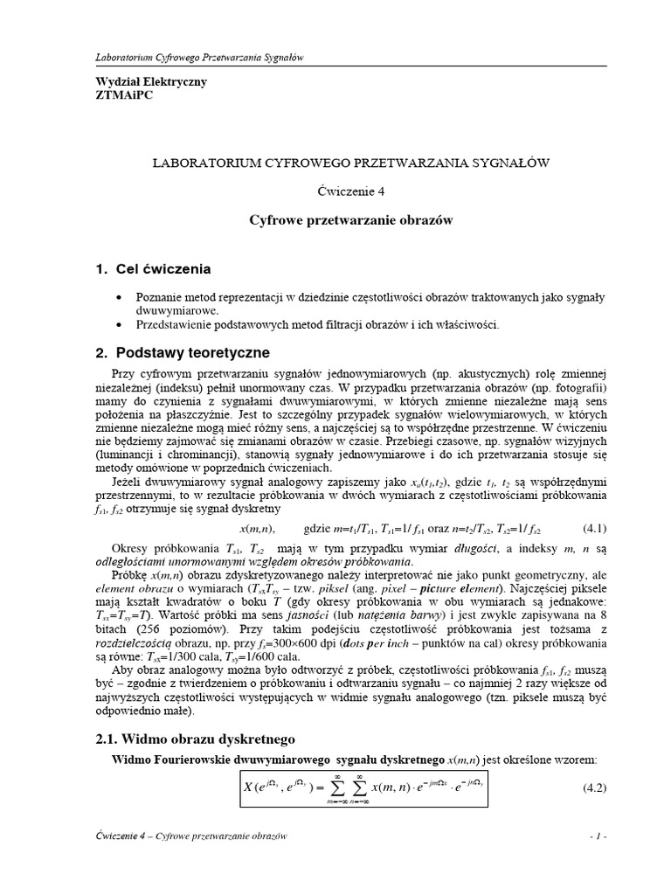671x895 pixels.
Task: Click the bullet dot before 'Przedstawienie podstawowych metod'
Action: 118,325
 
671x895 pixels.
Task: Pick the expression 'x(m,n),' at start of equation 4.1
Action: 258,529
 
